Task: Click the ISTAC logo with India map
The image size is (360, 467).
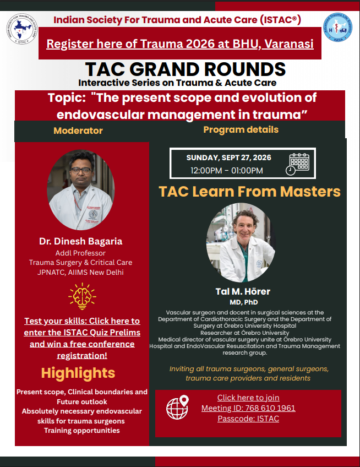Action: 23,29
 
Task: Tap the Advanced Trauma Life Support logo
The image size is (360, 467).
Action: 337,28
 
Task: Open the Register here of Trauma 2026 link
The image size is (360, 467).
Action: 180,44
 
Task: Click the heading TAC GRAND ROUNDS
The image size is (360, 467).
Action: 185,69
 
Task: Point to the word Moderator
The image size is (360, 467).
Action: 78,131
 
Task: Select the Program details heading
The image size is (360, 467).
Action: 241,129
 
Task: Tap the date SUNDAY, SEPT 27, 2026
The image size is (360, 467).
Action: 228,158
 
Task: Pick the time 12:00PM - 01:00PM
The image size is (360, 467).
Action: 227,171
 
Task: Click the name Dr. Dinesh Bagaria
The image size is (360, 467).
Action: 81,241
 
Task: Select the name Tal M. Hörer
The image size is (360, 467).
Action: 243,291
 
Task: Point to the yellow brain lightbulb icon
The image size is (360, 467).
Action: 82,296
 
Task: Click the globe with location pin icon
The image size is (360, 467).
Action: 178,407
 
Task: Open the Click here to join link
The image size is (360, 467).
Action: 248,398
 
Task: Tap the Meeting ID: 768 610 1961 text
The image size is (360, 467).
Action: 248,408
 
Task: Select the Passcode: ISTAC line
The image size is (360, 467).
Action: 248,419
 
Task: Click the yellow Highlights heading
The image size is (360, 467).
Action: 78,373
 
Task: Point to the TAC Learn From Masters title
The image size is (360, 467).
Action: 249,191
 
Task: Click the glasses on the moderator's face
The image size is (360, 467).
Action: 81,171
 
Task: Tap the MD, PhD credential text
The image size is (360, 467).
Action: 243,302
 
